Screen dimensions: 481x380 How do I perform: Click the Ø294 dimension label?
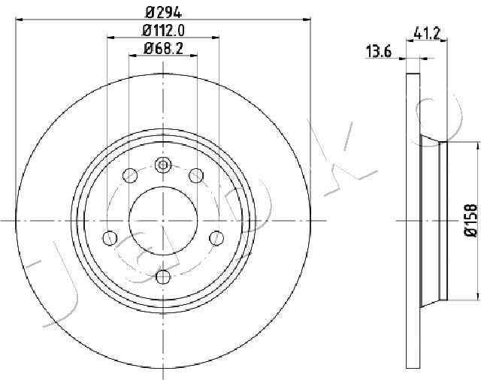tap(164, 12)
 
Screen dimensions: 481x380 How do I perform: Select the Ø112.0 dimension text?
tap(164, 30)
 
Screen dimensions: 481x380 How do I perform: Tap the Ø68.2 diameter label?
tap(163, 49)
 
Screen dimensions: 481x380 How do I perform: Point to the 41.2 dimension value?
tap(427, 33)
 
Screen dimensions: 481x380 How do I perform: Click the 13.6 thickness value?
tap(379, 51)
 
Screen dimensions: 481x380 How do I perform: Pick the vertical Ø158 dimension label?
tap(471, 220)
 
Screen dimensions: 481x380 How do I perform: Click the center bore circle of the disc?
tap(163, 221)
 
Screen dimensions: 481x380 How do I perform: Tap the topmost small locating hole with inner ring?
tap(163, 165)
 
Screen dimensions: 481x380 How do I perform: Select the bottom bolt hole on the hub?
tap(163, 276)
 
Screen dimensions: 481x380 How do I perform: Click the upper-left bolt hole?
tap(130, 176)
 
